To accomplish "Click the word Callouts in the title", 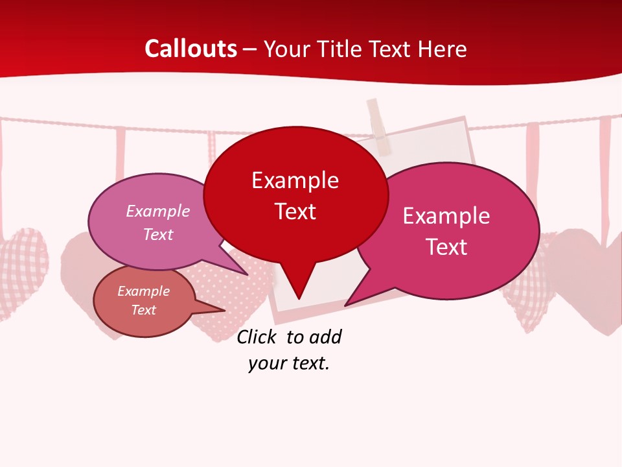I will (x=191, y=49).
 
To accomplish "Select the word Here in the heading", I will (x=442, y=49).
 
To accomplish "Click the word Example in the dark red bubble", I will (x=295, y=180).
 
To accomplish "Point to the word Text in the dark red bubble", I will (x=295, y=211).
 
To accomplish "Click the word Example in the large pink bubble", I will (x=446, y=216).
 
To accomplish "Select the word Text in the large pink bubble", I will (x=446, y=247).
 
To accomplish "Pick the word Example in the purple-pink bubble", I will (x=158, y=211).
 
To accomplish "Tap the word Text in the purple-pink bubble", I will (x=158, y=234).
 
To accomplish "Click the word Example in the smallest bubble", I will (x=144, y=291).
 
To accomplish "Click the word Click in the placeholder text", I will (x=255, y=337).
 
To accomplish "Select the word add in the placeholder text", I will (x=325, y=337).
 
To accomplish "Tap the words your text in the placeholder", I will (x=289, y=363).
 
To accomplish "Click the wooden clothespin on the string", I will (x=379, y=126).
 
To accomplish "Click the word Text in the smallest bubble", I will (x=144, y=310).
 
